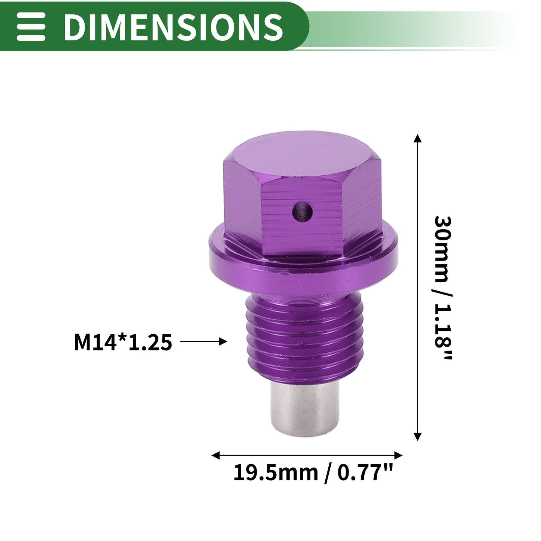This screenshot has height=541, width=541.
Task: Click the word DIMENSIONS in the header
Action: pos(173,27)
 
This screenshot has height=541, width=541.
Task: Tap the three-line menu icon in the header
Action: pos(31,27)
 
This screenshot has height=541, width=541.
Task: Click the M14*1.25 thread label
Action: pos(123,342)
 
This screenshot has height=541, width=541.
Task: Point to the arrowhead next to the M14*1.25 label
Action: pos(223,341)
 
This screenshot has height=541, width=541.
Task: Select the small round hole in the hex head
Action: pos(302,211)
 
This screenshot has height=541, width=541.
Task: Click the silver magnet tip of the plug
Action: pos(305,408)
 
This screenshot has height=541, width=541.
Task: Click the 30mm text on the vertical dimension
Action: pos(443,249)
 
